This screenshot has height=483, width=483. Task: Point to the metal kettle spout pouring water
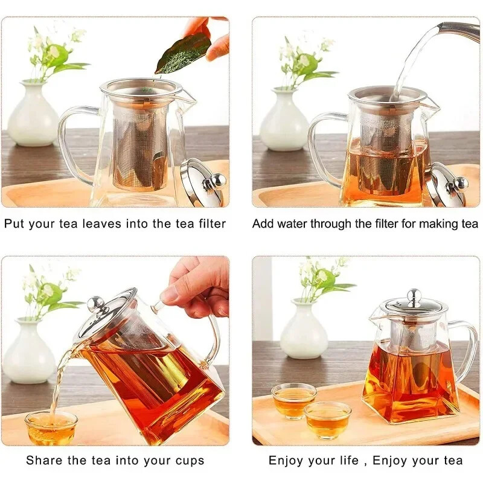tap(459, 30)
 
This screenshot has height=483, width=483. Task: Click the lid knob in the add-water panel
tap(459, 183)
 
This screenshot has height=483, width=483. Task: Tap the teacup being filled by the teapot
tap(51, 426)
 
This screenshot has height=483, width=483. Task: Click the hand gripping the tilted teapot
tap(196, 286)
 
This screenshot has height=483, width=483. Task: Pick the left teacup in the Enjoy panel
tap(293, 400)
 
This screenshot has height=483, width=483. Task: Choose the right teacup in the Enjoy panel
tap(327, 419)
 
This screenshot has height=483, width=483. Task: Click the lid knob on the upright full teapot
tap(414, 296)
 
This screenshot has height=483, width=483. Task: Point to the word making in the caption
tap(440, 224)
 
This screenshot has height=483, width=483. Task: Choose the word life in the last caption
tap(347, 461)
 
